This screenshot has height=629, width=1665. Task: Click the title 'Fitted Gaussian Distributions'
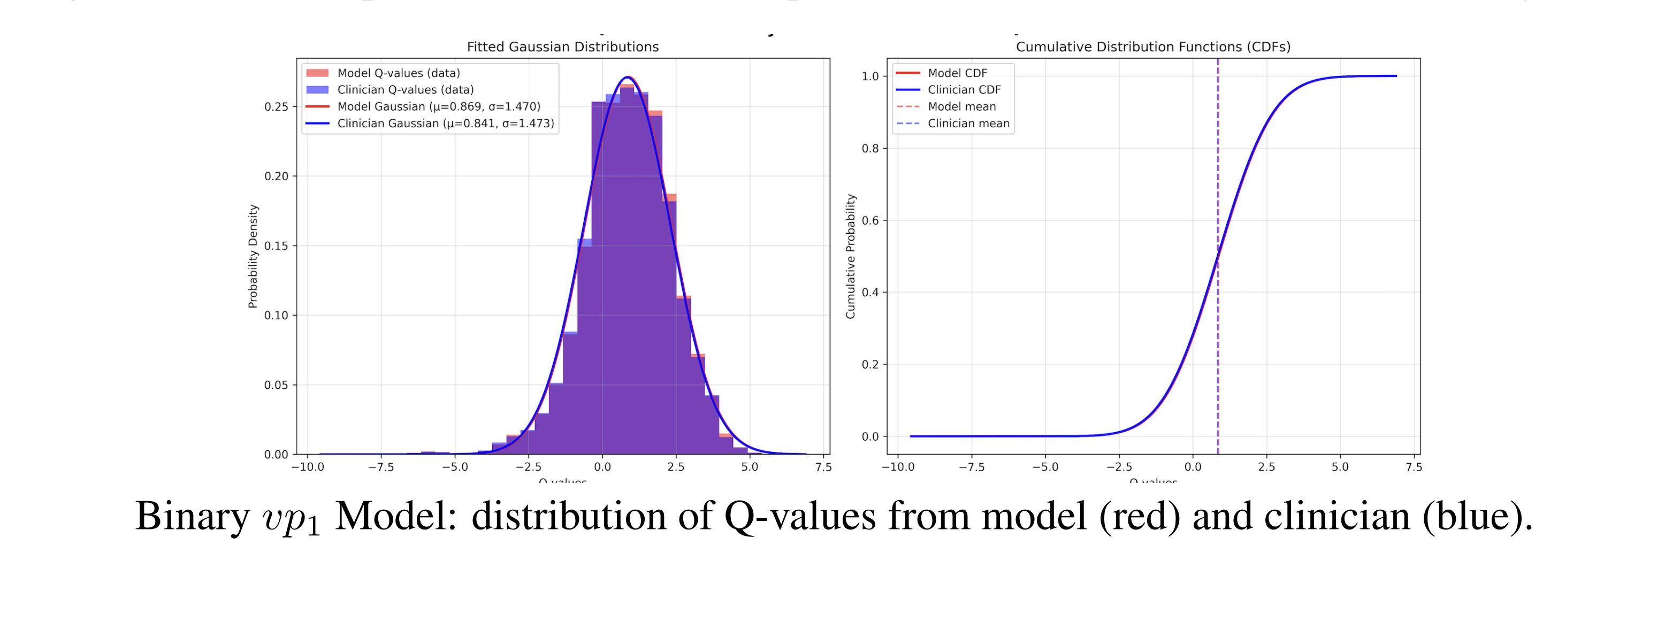coord(562,47)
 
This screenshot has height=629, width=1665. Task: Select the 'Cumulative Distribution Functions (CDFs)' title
coord(1153,47)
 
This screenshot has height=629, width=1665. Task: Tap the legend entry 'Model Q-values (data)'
coord(398,73)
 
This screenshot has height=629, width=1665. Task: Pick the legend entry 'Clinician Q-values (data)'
coord(405,90)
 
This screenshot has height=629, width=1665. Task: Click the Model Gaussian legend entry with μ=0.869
coord(438,106)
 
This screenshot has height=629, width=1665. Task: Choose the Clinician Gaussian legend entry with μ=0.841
coord(445,124)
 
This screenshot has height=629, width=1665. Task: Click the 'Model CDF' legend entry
coord(957,73)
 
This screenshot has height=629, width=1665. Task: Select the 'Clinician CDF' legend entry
coord(964,90)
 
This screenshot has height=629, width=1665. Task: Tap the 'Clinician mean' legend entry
coord(968,124)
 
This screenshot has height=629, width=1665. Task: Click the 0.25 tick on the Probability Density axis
coord(276,106)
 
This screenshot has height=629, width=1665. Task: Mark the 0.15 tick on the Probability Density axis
coord(276,246)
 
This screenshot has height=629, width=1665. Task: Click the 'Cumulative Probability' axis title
coord(851,256)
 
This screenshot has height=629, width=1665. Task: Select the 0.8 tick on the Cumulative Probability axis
coord(870,149)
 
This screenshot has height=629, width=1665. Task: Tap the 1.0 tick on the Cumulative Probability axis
coord(870,76)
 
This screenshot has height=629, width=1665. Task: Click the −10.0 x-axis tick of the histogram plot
coord(307,467)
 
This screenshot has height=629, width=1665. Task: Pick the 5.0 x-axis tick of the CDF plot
coord(1340,467)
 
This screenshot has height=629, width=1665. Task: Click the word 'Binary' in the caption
coord(192,517)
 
